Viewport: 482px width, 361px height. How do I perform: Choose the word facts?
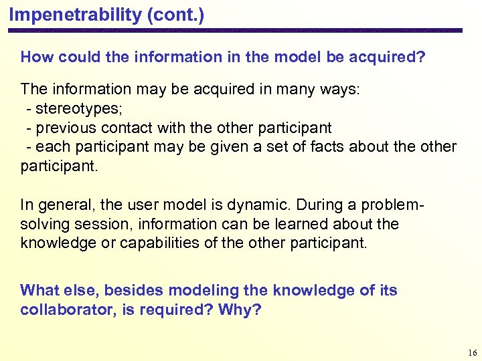295,146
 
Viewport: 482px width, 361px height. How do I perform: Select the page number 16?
473,352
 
